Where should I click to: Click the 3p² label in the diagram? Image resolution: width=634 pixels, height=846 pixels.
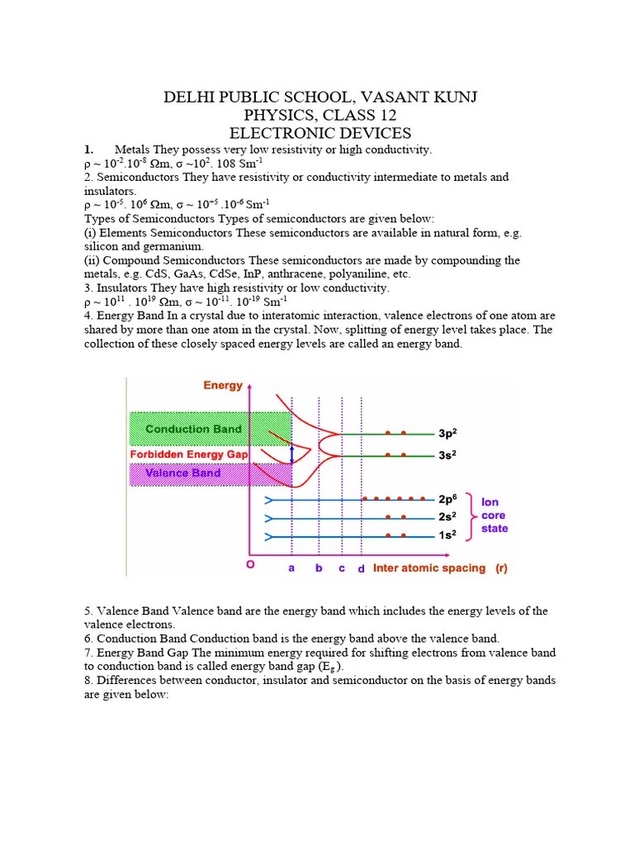coord(447,433)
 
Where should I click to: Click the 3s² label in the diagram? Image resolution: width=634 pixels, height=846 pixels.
coord(447,454)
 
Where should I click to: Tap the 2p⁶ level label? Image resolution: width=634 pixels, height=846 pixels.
coord(447,500)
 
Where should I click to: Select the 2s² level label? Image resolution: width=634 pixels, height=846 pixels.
coord(447,517)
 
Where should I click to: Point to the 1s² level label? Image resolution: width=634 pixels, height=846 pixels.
coord(447,535)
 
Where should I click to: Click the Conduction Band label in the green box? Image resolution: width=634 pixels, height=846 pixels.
coord(194,429)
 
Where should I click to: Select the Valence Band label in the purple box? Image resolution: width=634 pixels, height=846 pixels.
coord(183,473)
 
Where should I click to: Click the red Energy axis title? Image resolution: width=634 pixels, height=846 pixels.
coord(223,385)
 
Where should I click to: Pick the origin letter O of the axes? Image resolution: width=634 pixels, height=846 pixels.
coord(248,565)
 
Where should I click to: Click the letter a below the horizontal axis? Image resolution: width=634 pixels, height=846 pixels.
coord(291,568)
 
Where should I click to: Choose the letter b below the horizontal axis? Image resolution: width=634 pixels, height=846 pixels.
coord(319,568)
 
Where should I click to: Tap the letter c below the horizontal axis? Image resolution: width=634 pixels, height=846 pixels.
coord(342,568)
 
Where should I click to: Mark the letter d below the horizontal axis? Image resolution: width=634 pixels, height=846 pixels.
coord(361,569)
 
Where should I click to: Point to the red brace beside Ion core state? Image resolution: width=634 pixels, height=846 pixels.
coord(471,517)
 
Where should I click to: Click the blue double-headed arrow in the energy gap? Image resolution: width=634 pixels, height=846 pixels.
coord(291,454)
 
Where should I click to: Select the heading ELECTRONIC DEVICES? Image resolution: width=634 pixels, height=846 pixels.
coord(320,133)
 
